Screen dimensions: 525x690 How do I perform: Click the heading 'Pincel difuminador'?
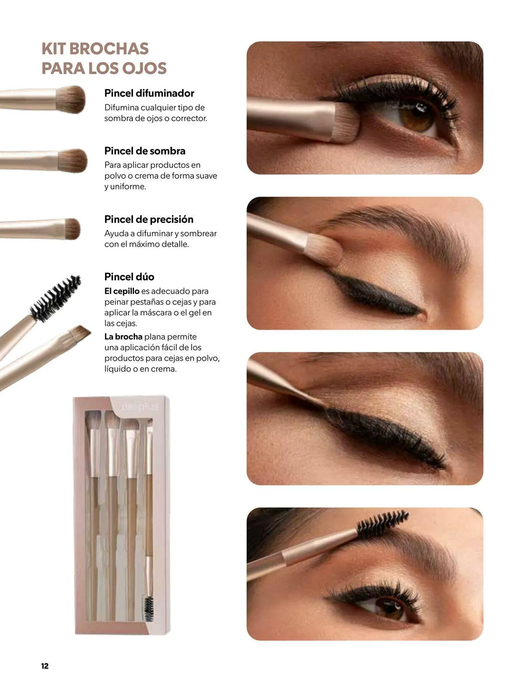pos(149,93)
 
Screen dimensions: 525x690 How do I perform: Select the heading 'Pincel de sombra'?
pos(144,151)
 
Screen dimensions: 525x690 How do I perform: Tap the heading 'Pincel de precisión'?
pos(149,219)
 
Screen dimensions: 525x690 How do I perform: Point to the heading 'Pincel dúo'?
pos(129,277)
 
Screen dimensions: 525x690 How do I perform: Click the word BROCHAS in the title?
pos(109,49)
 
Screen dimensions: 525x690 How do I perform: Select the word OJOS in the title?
pos(144,68)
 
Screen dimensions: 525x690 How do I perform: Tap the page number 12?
pos(45,666)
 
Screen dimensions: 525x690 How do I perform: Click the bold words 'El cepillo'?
pos(122,291)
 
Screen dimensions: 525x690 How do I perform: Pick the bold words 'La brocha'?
pos(123,337)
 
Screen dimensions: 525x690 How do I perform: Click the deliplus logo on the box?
pos(139,407)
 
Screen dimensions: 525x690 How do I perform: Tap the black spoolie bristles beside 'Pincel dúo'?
pos(55,298)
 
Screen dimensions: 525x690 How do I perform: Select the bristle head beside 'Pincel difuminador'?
pos(71,99)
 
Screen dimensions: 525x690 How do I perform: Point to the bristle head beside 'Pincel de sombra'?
pos(73,160)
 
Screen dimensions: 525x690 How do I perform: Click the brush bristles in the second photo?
pos(324,249)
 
